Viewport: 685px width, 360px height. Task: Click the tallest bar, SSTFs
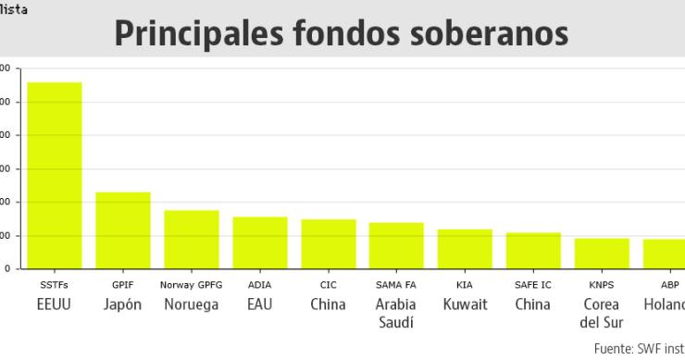55,175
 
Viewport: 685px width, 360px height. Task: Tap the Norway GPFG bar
192,239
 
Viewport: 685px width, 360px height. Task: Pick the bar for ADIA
260,242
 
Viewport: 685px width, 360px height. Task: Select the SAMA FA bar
396,245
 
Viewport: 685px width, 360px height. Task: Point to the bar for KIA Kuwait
465,249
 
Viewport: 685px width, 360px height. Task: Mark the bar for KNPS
602,254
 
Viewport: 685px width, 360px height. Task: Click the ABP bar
664,254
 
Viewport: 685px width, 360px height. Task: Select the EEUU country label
54,304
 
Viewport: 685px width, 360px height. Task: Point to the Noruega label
192,304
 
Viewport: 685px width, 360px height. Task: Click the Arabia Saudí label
396,313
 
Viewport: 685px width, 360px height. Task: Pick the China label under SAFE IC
533,304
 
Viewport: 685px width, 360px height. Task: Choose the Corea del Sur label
602,313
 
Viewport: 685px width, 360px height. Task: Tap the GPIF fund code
123,285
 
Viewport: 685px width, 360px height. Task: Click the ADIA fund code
260,285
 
